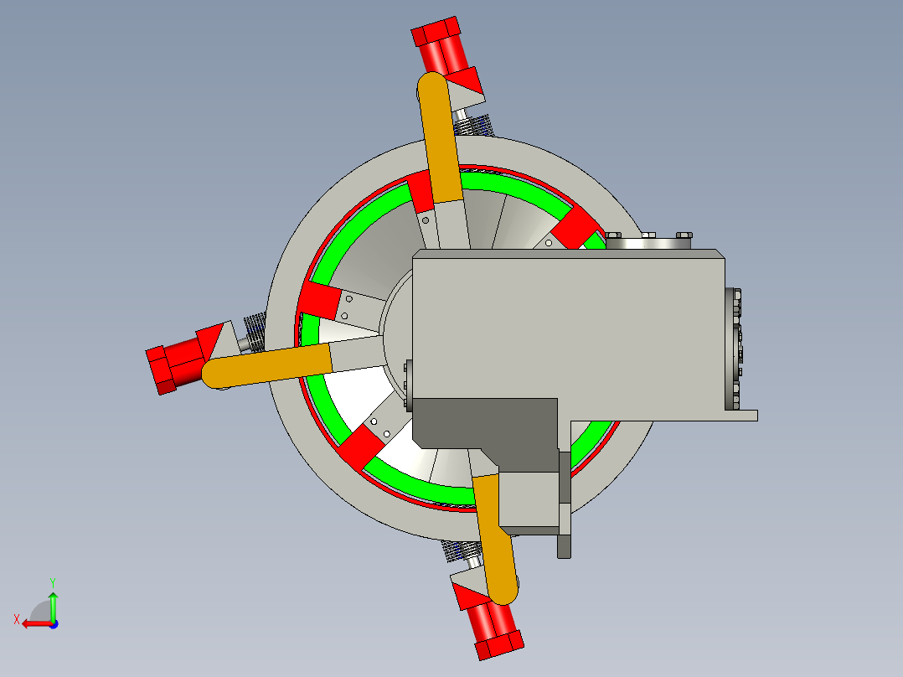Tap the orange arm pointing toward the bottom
pyautogui.click(x=494, y=539)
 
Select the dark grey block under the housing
pyautogui.click(x=487, y=423)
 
